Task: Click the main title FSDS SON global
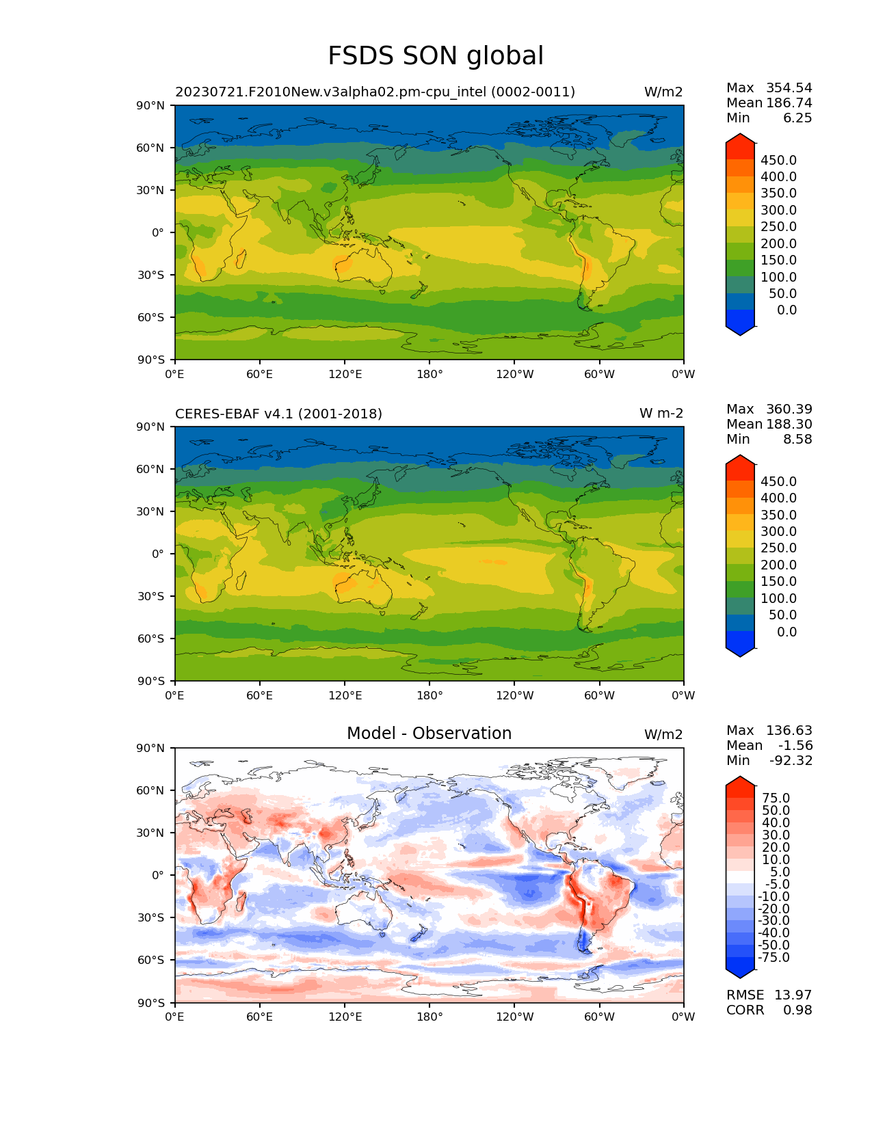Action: point(436,56)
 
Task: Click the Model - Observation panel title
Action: point(429,734)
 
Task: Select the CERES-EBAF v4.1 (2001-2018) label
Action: point(278,414)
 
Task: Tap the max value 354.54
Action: point(789,88)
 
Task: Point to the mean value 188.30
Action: point(789,424)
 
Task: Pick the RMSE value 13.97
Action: point(793,995)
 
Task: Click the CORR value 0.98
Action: point(797,1010)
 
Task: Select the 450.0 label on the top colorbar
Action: point(778,160)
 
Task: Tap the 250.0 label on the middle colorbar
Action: point(778,548)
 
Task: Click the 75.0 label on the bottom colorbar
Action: point(776,798)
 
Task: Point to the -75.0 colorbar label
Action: point(774,957)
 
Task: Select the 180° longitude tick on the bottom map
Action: point(430,1017)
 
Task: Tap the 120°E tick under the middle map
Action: point(345,695)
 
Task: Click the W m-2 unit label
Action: point(661,414)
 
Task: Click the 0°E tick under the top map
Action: point(175,374)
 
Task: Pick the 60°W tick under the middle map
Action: point(599,695)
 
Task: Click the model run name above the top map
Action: point(375,92)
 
